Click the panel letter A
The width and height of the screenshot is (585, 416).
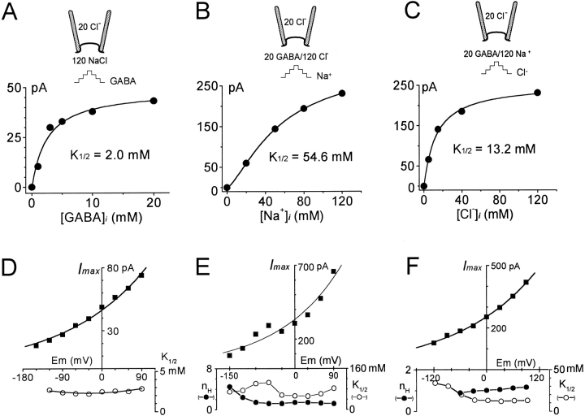click(x=13, y=14)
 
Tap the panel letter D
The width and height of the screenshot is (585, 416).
click(x=13, y=265)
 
